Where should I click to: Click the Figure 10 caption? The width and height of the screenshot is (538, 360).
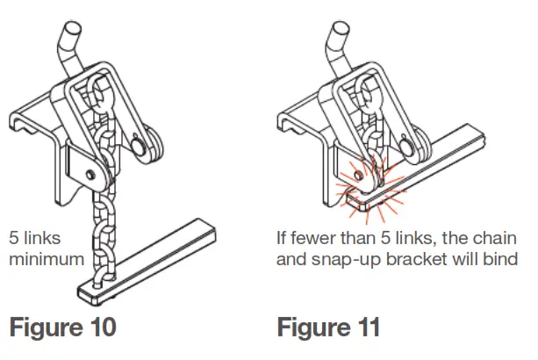(62, 328)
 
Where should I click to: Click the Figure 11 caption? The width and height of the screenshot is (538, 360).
(329, 328)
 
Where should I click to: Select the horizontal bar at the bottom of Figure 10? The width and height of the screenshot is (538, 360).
(154, 259)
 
